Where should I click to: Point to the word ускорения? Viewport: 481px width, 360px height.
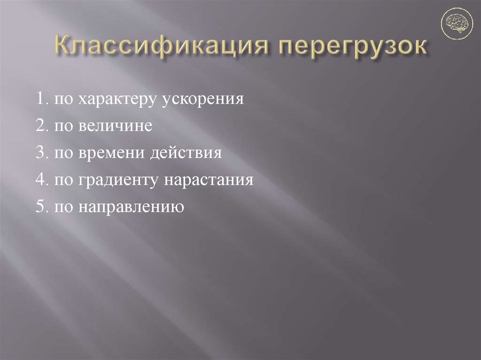point(203,100)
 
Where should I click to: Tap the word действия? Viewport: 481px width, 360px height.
point(185,153)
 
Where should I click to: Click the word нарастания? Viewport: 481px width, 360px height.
point(208,180)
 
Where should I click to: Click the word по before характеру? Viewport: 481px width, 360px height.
point(62,100)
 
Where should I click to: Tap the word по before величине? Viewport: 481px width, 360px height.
point(62,127)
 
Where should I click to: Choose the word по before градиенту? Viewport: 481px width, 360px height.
point(62,180)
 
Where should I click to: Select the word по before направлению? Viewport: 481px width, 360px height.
point(62,207)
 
